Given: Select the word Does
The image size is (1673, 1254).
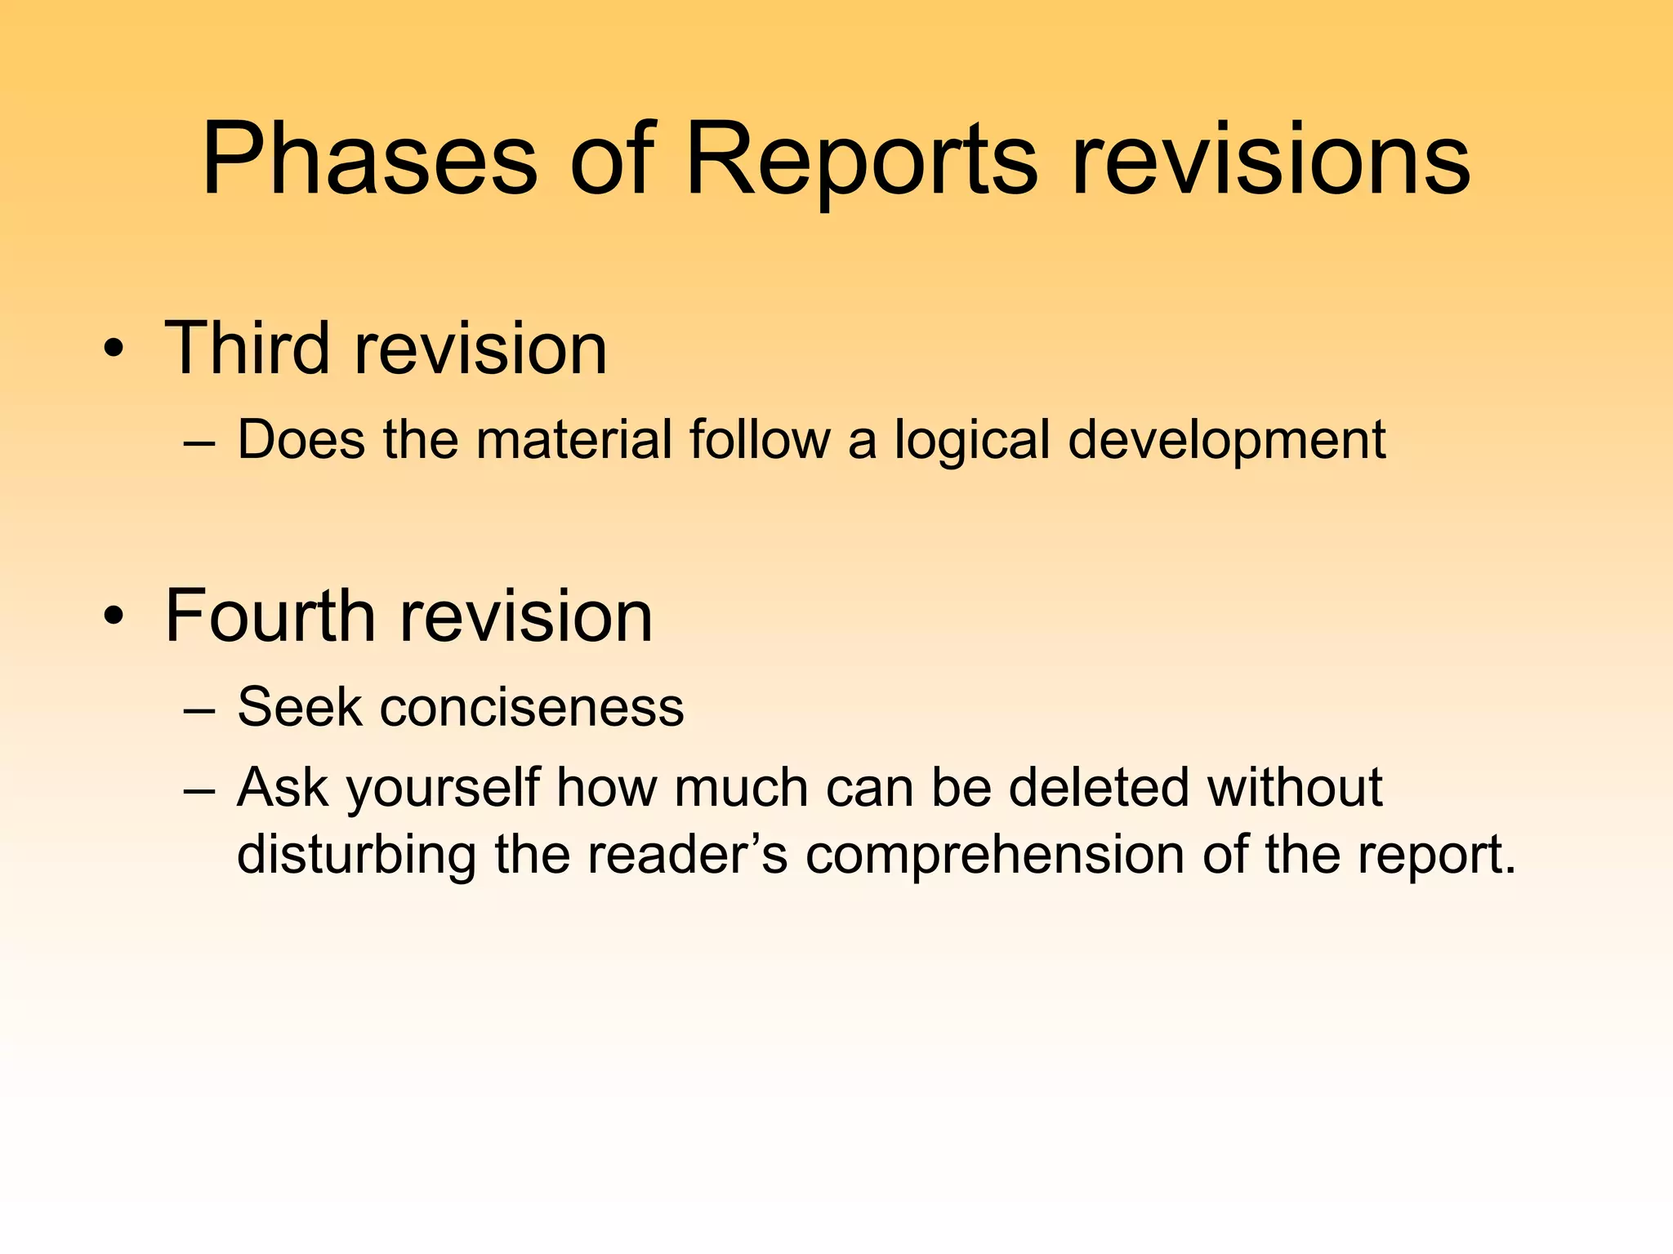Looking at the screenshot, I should (x=301, y=440).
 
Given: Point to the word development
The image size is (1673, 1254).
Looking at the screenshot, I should (x=1226, y=442).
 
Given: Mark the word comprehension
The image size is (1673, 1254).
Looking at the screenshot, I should (x=993, y=856).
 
